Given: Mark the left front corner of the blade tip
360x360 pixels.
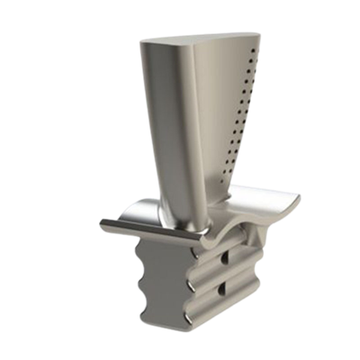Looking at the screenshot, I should click(144, 42).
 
